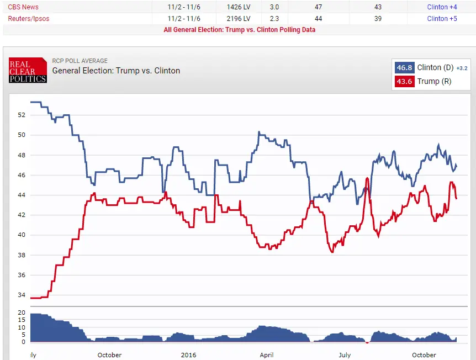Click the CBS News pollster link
tap(23, 7)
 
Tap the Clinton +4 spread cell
tap(442, 7)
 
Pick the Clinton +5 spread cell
tap(442, 18)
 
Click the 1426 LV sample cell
tap(238, 7)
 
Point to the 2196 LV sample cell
tap(238, 18)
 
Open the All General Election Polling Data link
tap(239, 29)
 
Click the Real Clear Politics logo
tap(28, 71)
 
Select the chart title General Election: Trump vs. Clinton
tap(116, 71)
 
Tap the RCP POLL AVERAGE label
tap(80, 61)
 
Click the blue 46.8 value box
tap(404, 67)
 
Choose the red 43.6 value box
tap(404, 81)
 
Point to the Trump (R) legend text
tap(434, 81)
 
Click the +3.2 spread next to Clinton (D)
tap(462, 68)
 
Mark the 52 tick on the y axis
tap(22, 115)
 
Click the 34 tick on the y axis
tap(22, 295)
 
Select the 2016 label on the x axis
tap(188, 355)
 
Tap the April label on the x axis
tap(267, 355)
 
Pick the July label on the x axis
tap(345, 355)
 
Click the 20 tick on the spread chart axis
tap(22, 313)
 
